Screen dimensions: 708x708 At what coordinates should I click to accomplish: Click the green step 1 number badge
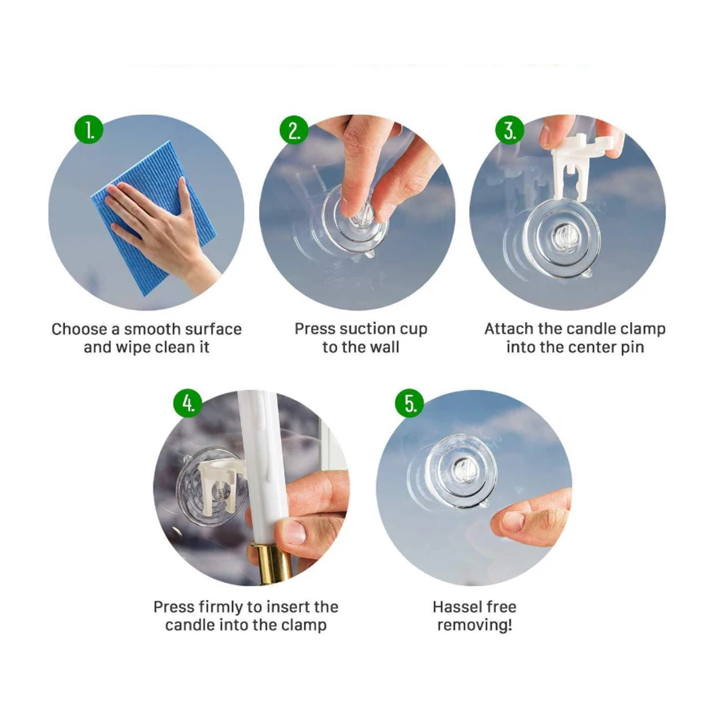(89, 130)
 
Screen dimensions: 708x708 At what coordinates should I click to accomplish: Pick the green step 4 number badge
(188, 403)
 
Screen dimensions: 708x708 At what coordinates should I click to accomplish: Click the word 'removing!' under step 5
(474, 625)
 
